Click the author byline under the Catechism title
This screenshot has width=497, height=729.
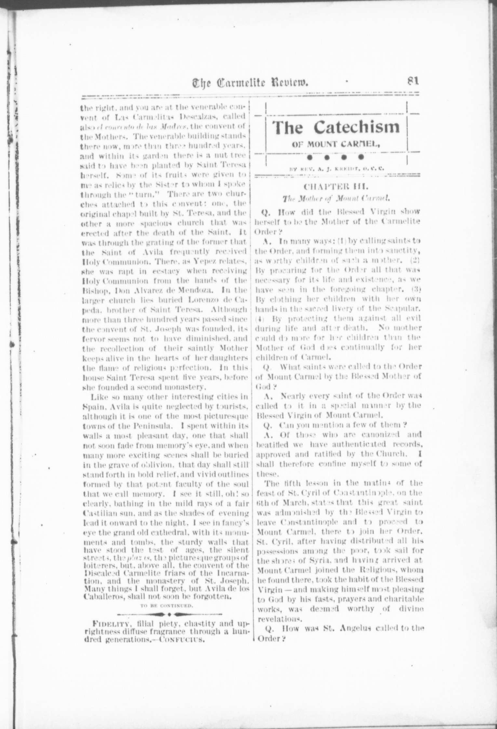point(336,169)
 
